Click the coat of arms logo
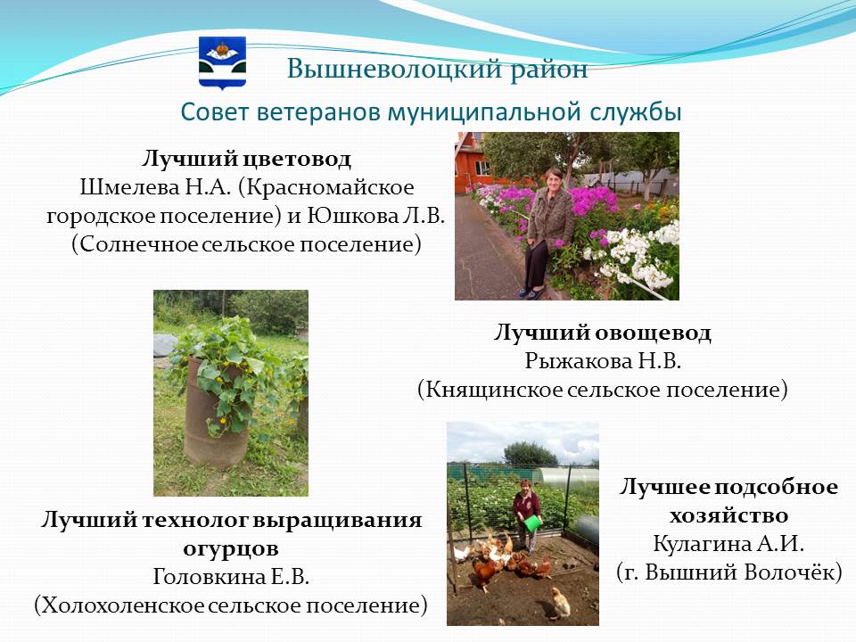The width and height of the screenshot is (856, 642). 222,62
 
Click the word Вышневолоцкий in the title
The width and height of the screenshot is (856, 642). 394,70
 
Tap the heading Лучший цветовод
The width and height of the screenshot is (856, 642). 246,159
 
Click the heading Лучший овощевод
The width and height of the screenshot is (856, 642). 603,333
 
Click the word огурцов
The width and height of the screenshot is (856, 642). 231,548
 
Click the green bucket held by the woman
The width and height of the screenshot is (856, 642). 531,523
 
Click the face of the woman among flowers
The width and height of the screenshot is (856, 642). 553,179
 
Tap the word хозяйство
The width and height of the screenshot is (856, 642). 728,515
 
